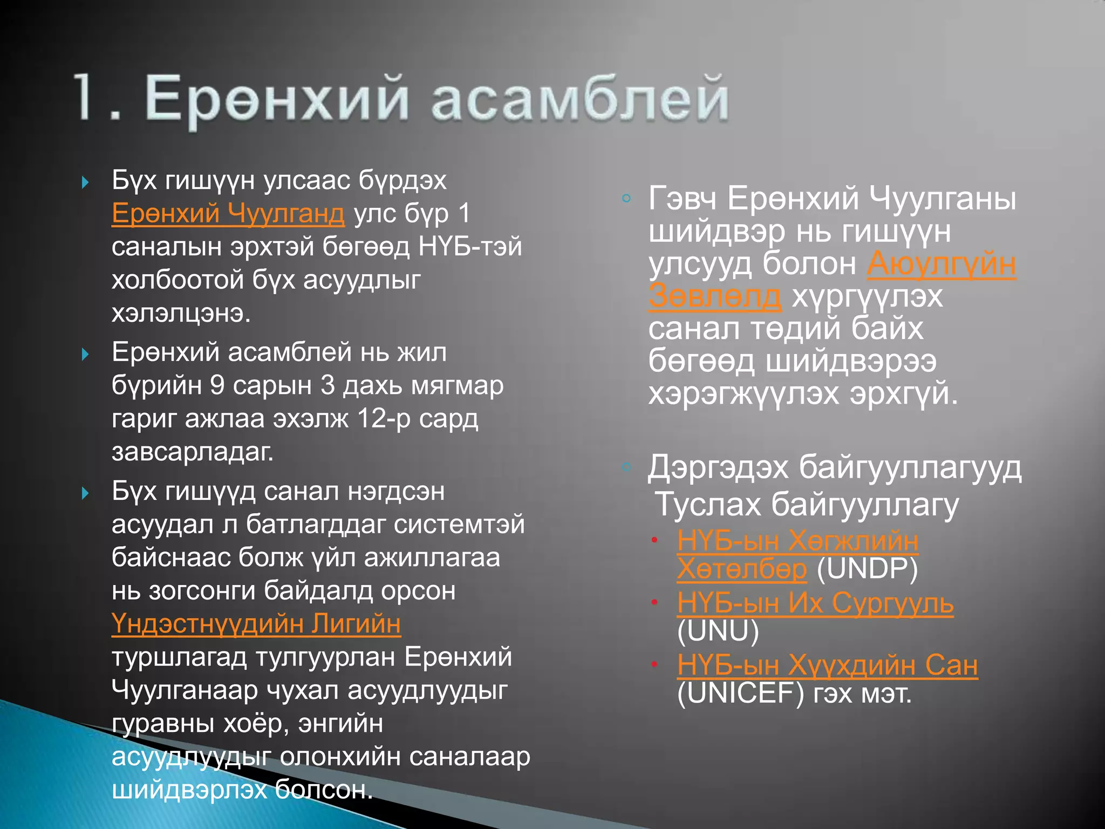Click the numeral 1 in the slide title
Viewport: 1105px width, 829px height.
pyautogui.click(x=88, y=97)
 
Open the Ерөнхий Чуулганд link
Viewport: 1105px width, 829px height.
pyautogui.click(x=228, y=213)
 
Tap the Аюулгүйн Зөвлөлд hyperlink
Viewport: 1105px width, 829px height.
pyautogui.click(x=941, y=264)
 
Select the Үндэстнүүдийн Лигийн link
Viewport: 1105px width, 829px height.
pyautogui.click(x=256, y=624)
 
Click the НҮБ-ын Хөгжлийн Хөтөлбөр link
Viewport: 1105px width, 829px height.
pyautogui.click(x=797, y=541)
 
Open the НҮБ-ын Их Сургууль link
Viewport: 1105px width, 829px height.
pyautogui.click(x=815, y=603)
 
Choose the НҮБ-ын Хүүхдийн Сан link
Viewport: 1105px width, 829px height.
pyautogui.click(x=827, y=665)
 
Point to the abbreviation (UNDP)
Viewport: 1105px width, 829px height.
pyautogui.click(x=867, y=569)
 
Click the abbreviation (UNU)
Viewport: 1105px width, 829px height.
pyautogui.click(x=718, y=631)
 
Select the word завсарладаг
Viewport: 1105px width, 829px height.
pyautogui.click(x=193, y=452)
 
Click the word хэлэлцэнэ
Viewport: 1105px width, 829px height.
pyautogui.click(x=181, y=313)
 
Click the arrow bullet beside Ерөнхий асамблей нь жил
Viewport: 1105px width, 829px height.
pyautogui.click(x=85, y=355)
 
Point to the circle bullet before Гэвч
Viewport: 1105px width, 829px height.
pyautogui.click(x=626, y=198)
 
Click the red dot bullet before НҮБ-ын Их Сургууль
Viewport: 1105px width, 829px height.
pyautogui.click(x=654, y=602)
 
